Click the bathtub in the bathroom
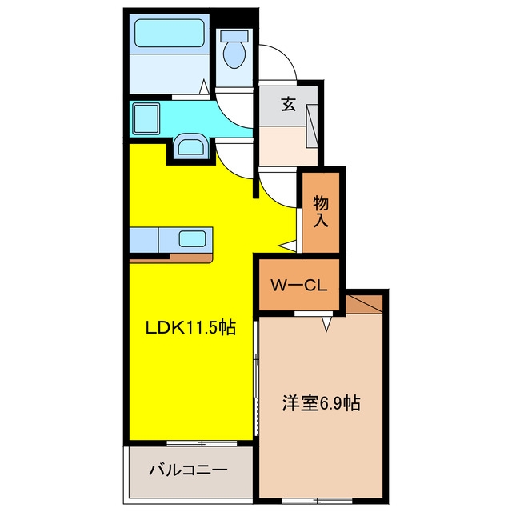pyautogui.click(x=170, y=33)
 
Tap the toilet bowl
pyautogui.click(x=234, y=54)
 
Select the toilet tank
pyautogui.click(x=234, y=35)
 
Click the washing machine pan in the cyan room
pyautogui.click(x=146, y=118)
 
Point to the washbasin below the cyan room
pyautogui.click(x=190, y=146)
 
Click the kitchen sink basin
pyautogui.click(x=192, y=238)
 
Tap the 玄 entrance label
pyautogui.click(x=289, y=105)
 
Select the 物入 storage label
pyautogui.click(x=321, y=212)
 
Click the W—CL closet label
pyautogui.click(x=298, y=286)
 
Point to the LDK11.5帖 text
pyautogui.click(x=190, y=327)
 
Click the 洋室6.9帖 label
pyautogui.click(x=322, y=403)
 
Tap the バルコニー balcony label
pyautogui.click(x=188, y=470)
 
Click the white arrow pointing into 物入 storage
pyautogui.click(x=287, y=246)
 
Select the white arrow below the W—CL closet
pyautogui.click(x=326, y=324)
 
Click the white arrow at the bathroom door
pyautogui.click(x=205, y=86)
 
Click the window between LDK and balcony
pyautogui.click(x=202, y=443)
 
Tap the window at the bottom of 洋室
pyautogui.click(x=317, y=500)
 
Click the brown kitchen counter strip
pyautogui.click(x=171, y=258)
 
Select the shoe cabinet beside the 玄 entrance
pyautogui.click(x=312, y=126)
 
